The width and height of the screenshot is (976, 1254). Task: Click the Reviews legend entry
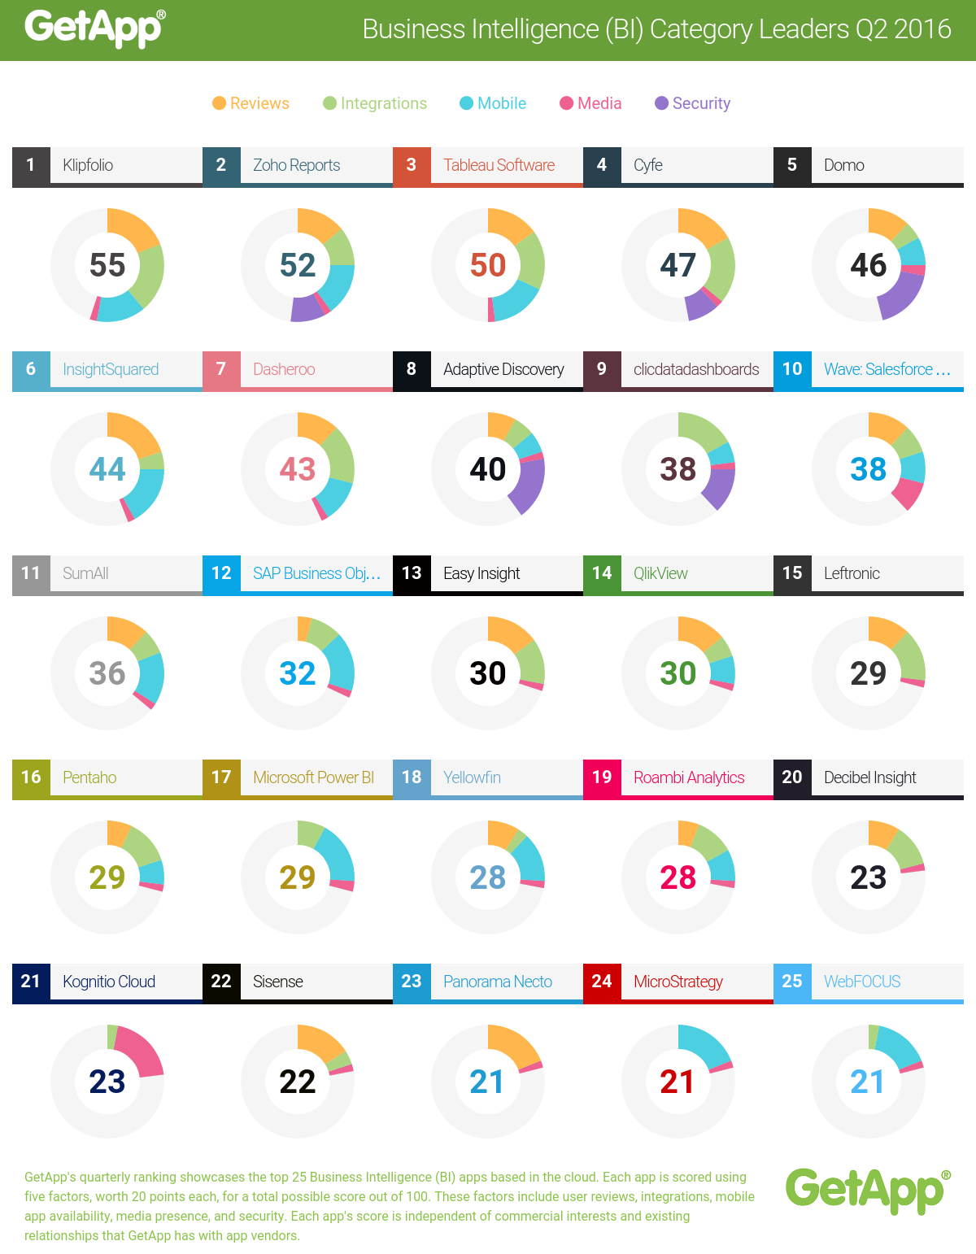tap(251, 103)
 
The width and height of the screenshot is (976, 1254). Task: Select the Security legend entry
tap(693, 103)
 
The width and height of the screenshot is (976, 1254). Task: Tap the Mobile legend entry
tap(494, 103)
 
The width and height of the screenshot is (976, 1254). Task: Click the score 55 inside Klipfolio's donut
tap(107, 265)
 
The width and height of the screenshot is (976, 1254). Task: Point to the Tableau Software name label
tap(499, 165)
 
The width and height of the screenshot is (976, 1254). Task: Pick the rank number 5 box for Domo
tap(792, 165)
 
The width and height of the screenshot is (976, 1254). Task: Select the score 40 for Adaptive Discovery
tap(488, 469)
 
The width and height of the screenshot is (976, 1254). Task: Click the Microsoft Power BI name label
tap(313, 777)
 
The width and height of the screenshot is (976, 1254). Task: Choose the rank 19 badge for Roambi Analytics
tap(602, 777)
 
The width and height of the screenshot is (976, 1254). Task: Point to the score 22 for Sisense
tap(298, 1082)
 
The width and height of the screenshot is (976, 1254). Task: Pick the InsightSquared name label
tap(111, 369)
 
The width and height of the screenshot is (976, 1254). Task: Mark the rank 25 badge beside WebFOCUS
tap(792, 982)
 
